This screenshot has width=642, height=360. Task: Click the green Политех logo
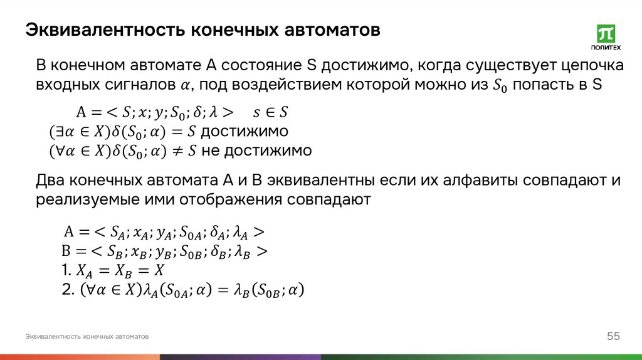point(606,38)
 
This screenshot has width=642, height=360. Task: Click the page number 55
point(613,337)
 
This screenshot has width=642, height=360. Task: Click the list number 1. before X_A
point(67,271)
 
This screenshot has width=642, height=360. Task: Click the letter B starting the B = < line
point(66,251)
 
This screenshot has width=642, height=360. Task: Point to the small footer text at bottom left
point(87,337)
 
